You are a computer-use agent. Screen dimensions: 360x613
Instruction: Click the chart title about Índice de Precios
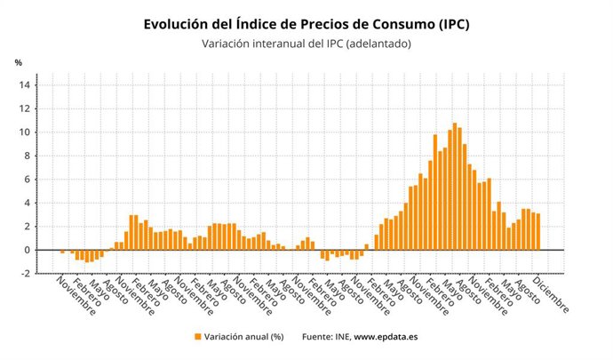click(x=306, y=24)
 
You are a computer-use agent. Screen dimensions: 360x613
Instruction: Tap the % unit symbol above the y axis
click(x=18, y=63)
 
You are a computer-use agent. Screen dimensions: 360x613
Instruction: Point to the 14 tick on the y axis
click(x=25, y=85)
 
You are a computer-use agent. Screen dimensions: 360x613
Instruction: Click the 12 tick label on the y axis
click(x=25, y=108)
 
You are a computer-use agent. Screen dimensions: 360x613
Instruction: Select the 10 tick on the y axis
click(x=25, y=132)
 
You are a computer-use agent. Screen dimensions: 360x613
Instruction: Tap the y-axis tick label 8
click(x=28, y=156)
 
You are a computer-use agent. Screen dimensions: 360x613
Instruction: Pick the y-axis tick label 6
click(x=28, y=180)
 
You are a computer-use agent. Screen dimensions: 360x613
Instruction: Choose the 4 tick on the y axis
click(x=28, y=203)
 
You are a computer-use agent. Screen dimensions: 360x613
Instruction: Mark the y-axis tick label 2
click(x=28, y=227)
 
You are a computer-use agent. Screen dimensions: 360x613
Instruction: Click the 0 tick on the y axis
click(x=28, y=250)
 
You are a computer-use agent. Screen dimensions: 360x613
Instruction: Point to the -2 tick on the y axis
click(x=26, y=274)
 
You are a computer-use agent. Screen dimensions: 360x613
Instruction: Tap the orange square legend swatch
click(x=196, y=337)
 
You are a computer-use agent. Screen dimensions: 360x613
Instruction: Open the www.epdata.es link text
click(x=387, y=337)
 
